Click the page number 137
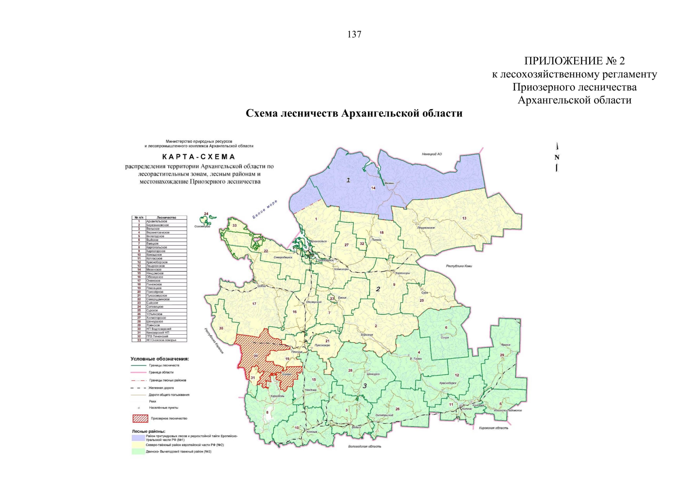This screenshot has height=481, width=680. click(354, 35)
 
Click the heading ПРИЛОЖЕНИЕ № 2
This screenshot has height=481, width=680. click(574, 61)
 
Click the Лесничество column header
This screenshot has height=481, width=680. click(166, 218)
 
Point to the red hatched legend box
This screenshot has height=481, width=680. click(140, 418)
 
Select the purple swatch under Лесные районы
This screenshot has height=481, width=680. click(138, 438)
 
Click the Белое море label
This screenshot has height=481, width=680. click(264, 209)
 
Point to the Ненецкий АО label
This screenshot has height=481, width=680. click(432, 154)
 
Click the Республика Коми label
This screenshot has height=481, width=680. click(459, 266)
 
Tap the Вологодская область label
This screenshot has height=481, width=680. click(365, 446)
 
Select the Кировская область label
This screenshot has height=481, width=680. click(493, 428)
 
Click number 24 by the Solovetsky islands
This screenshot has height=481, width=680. click(206, 214)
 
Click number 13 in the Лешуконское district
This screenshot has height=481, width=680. click(464, 218)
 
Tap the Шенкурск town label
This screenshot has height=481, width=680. click(373, 374)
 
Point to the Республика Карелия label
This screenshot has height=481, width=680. click(214, 341)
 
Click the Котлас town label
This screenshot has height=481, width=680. click(467, 408)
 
